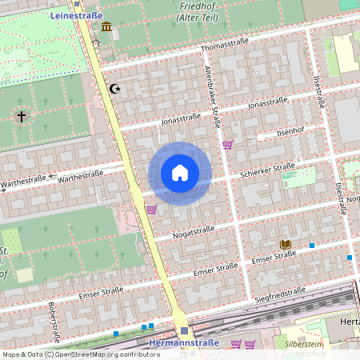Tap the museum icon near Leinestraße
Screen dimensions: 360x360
pyautogui.click(x=106, y=28)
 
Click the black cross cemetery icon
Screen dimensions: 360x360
pyautogui.click(x=21, y=117)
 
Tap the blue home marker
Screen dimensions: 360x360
pyautogui.click(x=180, y=173)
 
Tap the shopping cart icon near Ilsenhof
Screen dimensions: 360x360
pyautogui.click(x=228, y=145)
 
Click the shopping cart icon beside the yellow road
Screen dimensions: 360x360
pyautogui.click(x=150, y=209)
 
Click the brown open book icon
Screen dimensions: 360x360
pyautogui.click(x=285, y=243)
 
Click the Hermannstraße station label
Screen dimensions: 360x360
pyautogui.click(x=182, y=344)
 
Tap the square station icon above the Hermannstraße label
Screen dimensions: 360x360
pyautogui.click(x=184, y=330)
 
